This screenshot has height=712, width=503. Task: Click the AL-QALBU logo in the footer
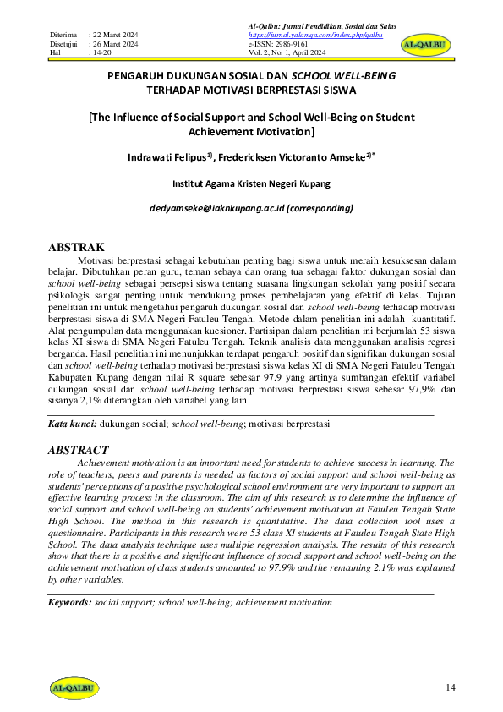click(x=74, y=686)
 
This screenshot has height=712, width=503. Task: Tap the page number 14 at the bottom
click(x=451, y=687)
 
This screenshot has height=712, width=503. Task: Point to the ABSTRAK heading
click(x=75, y=247)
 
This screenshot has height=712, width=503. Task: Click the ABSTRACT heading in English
click(x=78, y=450)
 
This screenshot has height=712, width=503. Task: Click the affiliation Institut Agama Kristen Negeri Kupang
click(x=251, y=183)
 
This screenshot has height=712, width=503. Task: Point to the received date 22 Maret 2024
click(x=117, y=35)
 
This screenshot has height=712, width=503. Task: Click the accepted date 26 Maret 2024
click(x=117, y=43)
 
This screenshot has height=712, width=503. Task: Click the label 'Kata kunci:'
click(x=72, y=422)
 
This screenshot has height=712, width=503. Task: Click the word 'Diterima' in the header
click(x=63, y=35)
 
